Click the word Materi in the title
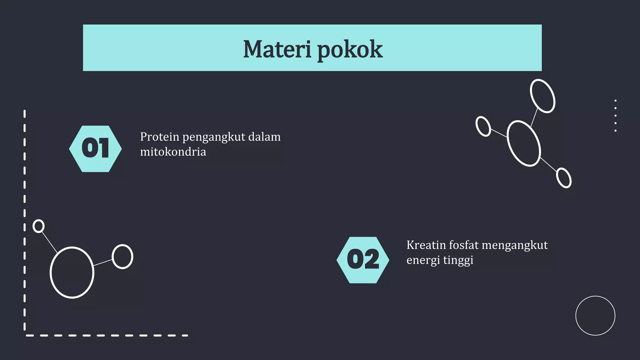click(277, 49)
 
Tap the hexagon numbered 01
click(95, 149)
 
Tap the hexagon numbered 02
click(363, 260)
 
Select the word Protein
click(159, 137)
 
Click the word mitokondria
click(173, 152)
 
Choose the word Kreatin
click(426, 245)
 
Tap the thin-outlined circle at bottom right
click(595, 316)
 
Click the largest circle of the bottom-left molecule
click(72, 272)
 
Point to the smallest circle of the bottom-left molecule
click(38, 226)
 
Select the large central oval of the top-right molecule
click(523, 143)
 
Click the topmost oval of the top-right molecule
click(542, 96)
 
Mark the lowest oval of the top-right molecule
click(564, 178)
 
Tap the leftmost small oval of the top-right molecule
click(483, 126)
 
